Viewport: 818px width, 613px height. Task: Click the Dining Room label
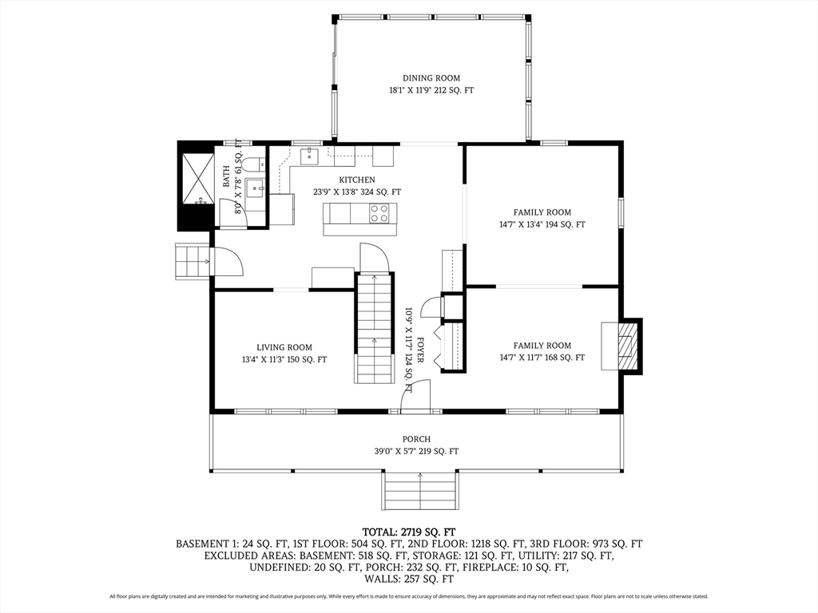click(x=431, y=78)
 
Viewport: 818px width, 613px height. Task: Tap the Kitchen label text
click(x=357, y=180)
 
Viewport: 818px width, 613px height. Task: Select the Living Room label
click(x=284, y=347)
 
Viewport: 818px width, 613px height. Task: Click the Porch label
click(x=416, y=440)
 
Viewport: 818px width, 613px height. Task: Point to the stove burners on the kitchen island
click(x=379, y=212)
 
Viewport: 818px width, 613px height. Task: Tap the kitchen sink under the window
click(x=310, y=156)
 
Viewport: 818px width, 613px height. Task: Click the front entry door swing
click(x=415, y=396)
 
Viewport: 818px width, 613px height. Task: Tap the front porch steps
click(x=420, y=490)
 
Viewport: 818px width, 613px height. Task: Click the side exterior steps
click(x=193, y=261)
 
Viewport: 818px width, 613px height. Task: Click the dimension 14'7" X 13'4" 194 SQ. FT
click(x=542, y=224)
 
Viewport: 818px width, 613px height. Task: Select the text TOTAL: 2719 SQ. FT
click(x=409, y=532)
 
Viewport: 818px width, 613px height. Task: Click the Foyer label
click(x=420, y=350)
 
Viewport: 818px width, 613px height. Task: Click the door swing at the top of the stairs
click(x=375, y=257)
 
